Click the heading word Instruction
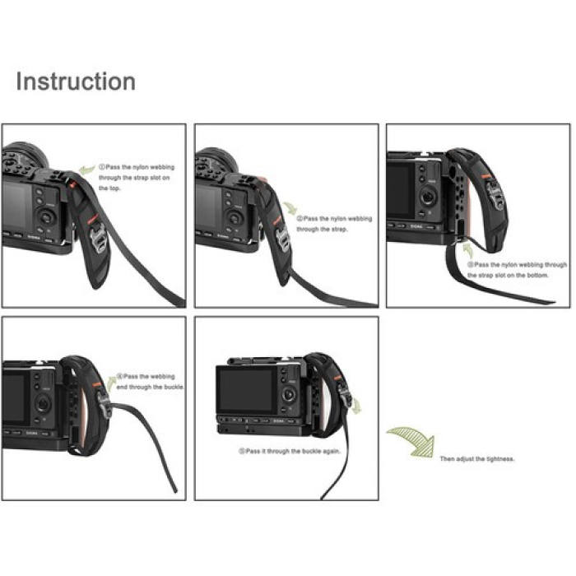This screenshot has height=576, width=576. [76, 81]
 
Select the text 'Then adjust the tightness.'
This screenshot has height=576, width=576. [477, 458]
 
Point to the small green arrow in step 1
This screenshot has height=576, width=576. [86, 170]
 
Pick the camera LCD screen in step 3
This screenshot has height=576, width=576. [402, 188]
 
